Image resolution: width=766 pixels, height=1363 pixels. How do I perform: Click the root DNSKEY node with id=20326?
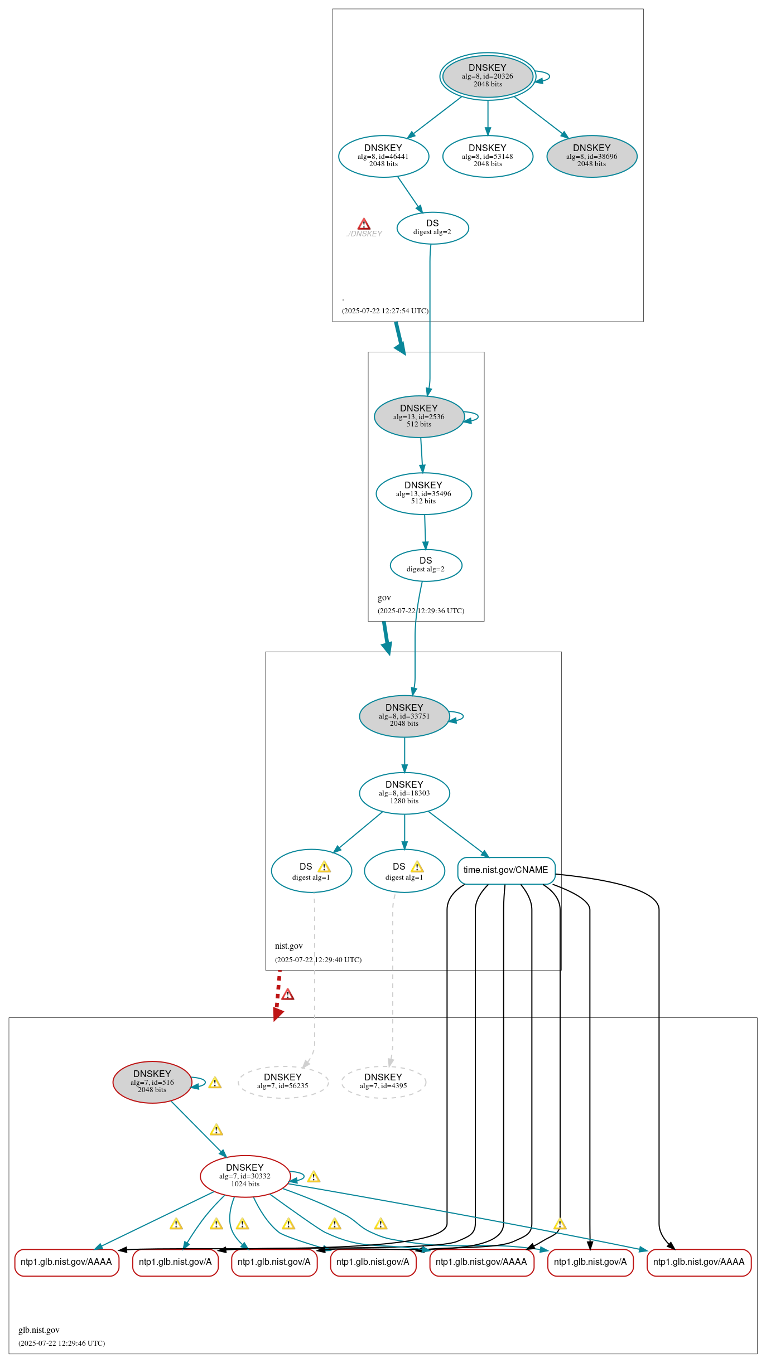[x=487, y=76]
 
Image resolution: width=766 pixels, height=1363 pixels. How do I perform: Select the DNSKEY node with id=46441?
[x=383, y=156]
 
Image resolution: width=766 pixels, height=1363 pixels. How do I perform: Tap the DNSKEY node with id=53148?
[x=488, y=156]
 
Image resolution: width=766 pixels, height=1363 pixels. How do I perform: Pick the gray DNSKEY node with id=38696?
[x=591, y=156]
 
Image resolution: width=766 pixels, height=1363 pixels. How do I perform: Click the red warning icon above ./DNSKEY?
[x=364, y=224]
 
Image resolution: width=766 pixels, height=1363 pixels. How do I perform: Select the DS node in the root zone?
[x=432, y=228]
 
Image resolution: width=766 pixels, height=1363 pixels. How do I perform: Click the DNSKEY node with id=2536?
[x=419, y=416]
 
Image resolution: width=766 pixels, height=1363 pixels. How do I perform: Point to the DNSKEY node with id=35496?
[x=423, y=493]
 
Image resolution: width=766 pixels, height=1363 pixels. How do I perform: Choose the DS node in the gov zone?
[x=426, y=565]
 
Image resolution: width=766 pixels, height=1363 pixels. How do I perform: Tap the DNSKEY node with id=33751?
[x=404, y=716]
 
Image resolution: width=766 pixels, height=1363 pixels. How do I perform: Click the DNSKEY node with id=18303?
[x=404, y=793]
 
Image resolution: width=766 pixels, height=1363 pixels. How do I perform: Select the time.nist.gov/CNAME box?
[x=506, y=870]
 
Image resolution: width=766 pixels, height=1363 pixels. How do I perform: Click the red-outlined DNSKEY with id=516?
[x=152, y=1082]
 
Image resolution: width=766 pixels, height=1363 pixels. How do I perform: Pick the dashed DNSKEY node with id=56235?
[x=283, y=1082]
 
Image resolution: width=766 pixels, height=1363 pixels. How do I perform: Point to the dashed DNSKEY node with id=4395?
[x=383, y=1082]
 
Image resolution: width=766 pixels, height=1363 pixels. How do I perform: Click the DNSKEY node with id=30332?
[x=245, y=1176]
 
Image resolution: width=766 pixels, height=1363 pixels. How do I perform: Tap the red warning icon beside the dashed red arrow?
[x=288, y=995]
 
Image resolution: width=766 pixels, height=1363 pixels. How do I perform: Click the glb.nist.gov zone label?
[x=39, y=1330]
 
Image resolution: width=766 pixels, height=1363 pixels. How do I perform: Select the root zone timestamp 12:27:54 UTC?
[x=385, y=311]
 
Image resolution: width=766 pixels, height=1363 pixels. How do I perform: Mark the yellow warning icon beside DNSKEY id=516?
[x=215, y=1083]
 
